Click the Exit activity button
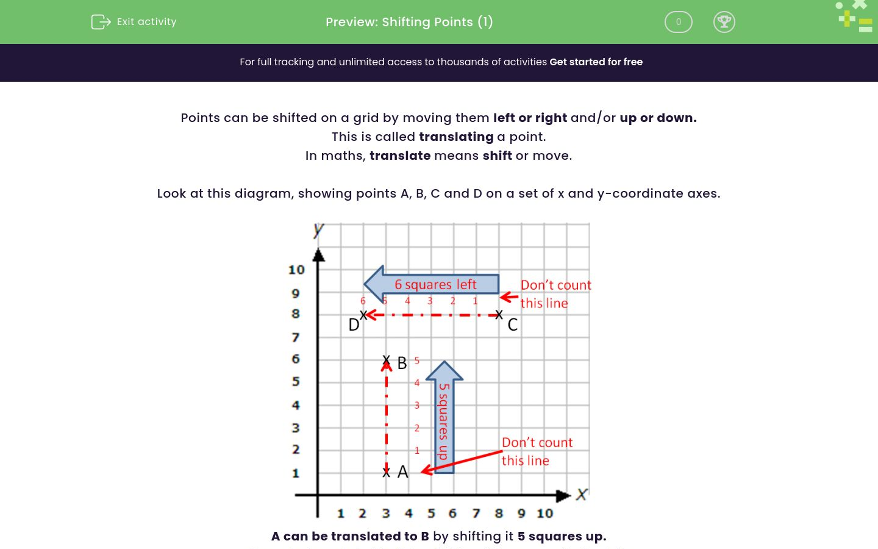pyautogui.click(x=134, y=22)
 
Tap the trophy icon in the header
pyautogui.click(x=724, y=22)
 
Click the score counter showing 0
pyautogui.click(x=678, y=22)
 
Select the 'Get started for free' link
pyautogui.click(x=596, y=62)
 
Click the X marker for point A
pyautogui.click(x=386, y=472)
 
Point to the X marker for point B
pyautogui.click(x=386, y=360)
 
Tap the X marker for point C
pyautogui.click(x=499, y=315)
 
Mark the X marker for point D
pyautogui.click(x=363, y=315)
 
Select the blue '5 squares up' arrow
pyautogui.click(x=444, y=418)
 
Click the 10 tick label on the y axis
pyautogui.click(x=296, y=270)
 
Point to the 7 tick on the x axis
pyautogui.click(x=476, y=514)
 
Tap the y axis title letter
pyautogui.click(x=318, y=230)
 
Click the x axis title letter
pyautogui.click(x=582, y=494)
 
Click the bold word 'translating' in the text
pyautogui.click(x=456, y=137)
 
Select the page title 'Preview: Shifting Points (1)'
pyautogui.click(x=409, y=22)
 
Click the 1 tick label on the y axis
pyautogui.click(x=296, y=473)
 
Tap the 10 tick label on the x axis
pyautogui.click(x=544, y=514)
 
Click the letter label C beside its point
pyautogui.click(x=513, y=325)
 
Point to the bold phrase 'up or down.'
pyautogui.click(x=658, y=118)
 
